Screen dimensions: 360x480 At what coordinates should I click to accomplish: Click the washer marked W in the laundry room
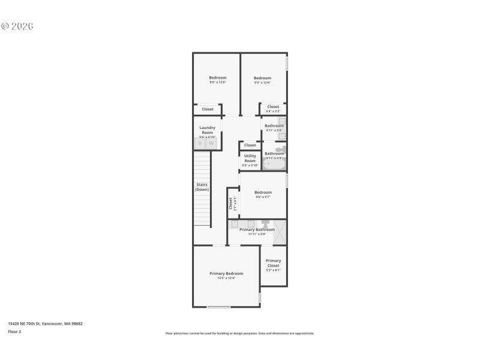[211, 143]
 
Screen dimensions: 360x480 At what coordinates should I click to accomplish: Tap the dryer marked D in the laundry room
[200, 143]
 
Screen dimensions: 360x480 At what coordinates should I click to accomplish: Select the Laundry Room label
[208, 130]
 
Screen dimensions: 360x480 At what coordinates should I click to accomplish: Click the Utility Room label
[250, 158]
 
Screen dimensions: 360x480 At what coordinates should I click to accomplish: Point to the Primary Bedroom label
[226, 274]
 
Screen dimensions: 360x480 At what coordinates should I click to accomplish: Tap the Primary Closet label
[274, 263]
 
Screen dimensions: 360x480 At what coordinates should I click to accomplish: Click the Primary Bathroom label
[257, 230]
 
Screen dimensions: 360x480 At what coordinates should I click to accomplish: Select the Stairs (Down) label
[202, 187]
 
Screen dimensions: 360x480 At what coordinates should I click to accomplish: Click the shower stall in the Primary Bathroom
[280, 232]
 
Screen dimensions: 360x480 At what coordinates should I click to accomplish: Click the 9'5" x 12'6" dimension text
[217, 82]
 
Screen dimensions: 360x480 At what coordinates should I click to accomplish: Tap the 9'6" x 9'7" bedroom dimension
[263, 197]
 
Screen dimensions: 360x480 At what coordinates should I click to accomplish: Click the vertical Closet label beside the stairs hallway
[230, 203]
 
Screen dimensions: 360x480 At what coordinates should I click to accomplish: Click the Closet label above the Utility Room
[250, 145]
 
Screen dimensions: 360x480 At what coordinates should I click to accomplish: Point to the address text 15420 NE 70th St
[45, 323]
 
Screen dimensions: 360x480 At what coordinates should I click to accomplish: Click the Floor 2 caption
[14, 331]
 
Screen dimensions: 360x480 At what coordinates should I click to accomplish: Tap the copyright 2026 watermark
[17, 26]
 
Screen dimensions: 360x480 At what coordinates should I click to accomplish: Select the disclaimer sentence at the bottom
[239, 333]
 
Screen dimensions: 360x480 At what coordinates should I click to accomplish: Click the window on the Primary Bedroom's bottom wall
[218, 307]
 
